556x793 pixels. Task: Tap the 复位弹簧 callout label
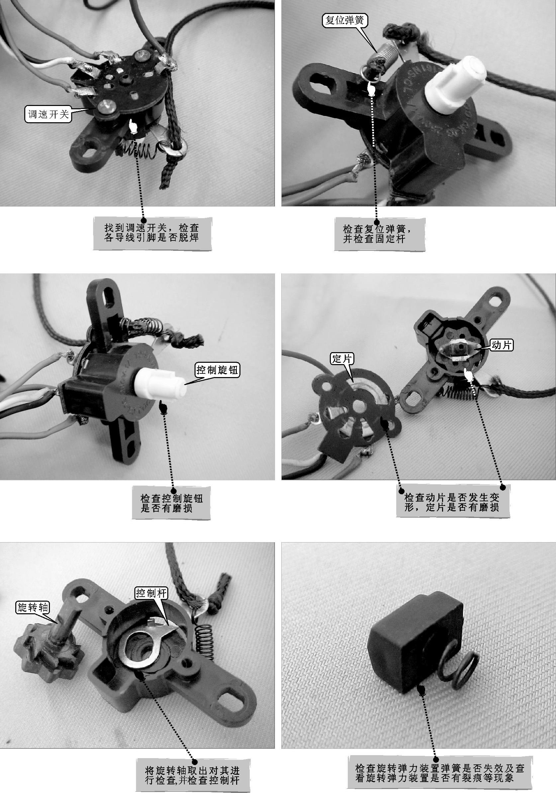tap(345, 20)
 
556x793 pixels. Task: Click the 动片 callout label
tap(502, 345)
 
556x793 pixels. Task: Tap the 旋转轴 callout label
tap(34, 607)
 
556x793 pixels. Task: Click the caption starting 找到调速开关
tap(152, 233)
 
